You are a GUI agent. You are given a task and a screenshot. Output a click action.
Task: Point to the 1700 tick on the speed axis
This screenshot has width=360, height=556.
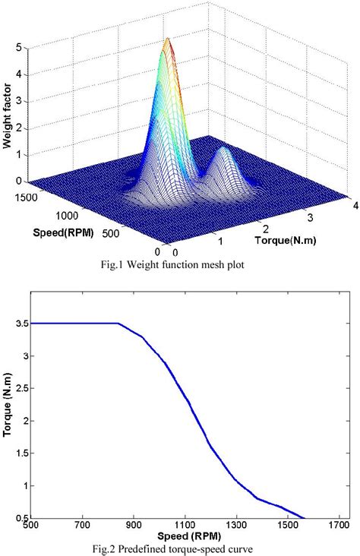click(339, 524)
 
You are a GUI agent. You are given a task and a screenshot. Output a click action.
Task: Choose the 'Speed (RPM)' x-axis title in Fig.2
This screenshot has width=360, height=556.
click(185, 534)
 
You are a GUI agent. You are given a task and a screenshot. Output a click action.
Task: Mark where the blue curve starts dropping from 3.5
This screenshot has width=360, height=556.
click(119, 324)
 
